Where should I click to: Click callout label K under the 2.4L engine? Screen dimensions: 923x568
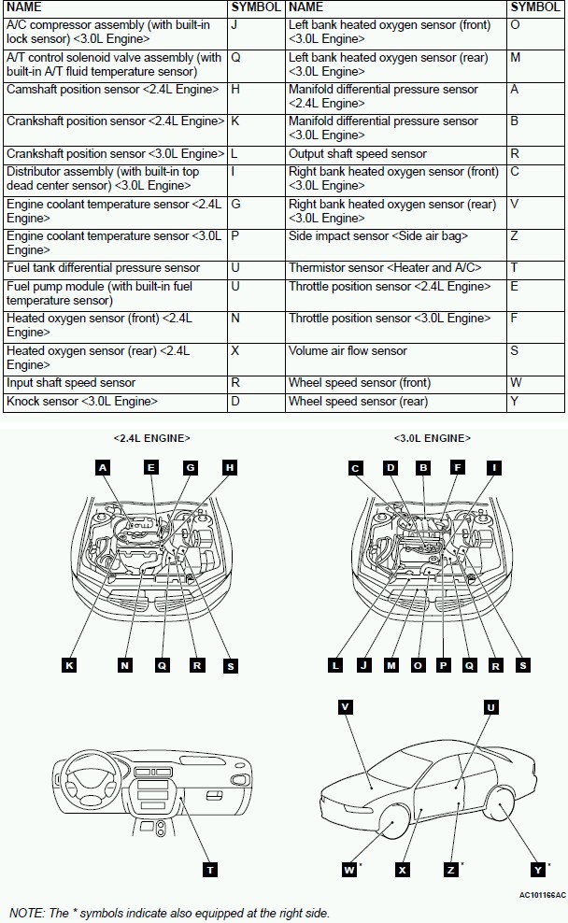[x=69, y=665]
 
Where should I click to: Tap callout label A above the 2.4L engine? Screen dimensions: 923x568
[x=103, y=467]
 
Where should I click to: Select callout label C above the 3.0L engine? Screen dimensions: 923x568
[x=355, y=467]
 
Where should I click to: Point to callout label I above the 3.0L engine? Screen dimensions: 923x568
[x=494, y=467]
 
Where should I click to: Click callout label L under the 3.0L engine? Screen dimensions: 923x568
[x=335, y=665]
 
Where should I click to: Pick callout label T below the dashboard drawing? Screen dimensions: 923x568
[x=211, y=870]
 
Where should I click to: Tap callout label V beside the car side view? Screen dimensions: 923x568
[x=346, y=707]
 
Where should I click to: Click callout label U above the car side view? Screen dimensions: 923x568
[x=491, y=707]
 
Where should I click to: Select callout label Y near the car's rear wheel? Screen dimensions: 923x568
[x=537, y=870]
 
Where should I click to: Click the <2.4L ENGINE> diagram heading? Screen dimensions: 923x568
[x=151, y=437]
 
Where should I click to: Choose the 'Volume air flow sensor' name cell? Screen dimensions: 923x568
[x=348, y=351]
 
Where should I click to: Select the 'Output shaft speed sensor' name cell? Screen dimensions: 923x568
[x=357, y=154]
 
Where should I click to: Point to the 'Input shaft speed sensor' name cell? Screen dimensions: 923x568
[x=71, y=383]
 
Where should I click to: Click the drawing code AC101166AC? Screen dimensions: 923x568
[x=542, y=895]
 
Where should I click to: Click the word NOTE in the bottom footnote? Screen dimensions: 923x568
[x=26, y=913]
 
